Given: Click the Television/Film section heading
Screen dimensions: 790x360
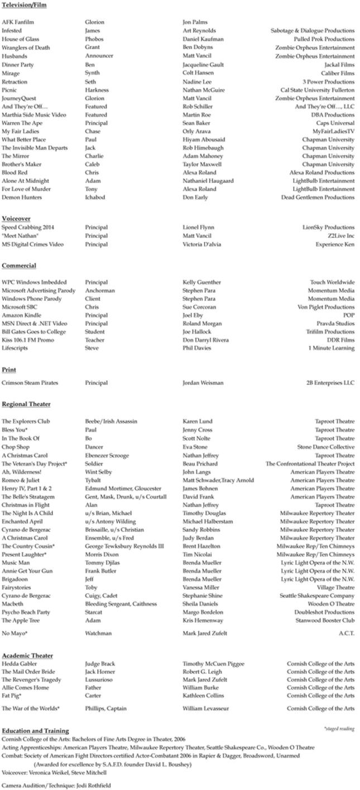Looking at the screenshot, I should (24, 5).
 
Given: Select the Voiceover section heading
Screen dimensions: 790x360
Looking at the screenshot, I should (16, 218).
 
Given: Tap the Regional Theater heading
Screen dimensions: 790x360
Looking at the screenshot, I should (26, 404).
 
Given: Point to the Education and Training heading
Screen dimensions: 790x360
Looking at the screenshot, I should (35, 730).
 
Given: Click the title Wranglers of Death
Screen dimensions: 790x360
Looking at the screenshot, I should (26, 47).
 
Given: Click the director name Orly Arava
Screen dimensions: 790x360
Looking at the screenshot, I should (196, 131).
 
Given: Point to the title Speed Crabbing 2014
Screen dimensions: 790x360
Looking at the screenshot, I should (28, 227).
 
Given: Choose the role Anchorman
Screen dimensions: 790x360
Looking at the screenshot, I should (100, 290).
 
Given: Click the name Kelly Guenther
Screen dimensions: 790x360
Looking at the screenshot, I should (201, 282).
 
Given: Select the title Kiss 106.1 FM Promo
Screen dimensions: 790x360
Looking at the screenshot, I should (28, 340).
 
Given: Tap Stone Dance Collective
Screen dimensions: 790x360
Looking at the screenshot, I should (325, 447).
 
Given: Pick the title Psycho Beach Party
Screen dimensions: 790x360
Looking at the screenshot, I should (26, 612).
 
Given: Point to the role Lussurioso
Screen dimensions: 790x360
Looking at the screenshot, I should (100, 680).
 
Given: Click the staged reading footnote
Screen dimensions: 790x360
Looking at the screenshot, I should (339, 729).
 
